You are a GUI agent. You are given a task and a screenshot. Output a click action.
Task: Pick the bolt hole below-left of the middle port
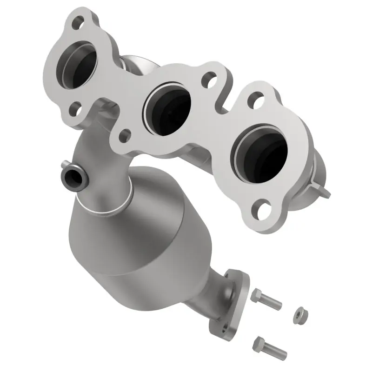tap(124, 135)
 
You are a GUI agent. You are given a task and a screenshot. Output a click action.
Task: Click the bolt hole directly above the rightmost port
tap(255, 98)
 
